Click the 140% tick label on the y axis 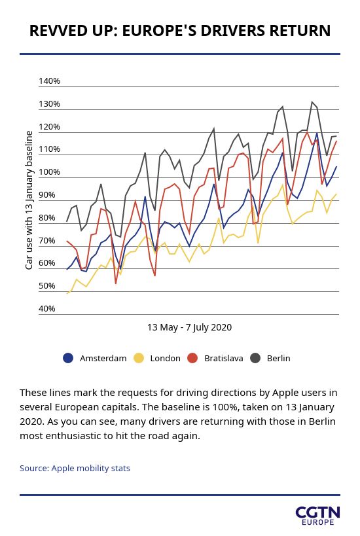pyautogui.click(x=49, y=81)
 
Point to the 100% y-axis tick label pyautogui.click(x=49, y=172)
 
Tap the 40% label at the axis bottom pyautogui.click(x=47, y=309)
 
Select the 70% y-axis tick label pyautogui.click(x=47, y=241)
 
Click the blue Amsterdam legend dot pyautogui.click(x=68, y=358)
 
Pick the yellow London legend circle pyautogui.click(x=139, y=358)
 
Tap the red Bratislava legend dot pyautogui.click(x=193, y=358)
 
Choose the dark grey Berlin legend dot pyautogui.click(x=255, y=358)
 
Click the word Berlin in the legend pyautogui.click(x=279, y=358)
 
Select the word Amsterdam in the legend pyautogui.click(x=103, y=358)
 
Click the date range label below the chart pyautogui.click(x=189, y=327)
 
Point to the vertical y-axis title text pyautogui.click(x=29, y=200)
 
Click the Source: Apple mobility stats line pyautogui.click(x=75, y=469)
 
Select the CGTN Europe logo pyautogui.click(x=317, y=516)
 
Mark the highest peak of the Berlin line pyautogui.click(x=312, y=101)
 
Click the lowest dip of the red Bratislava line pyautogui.click(x=116, y=283)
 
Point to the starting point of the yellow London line pyautogui.click(x=67, y=293)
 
